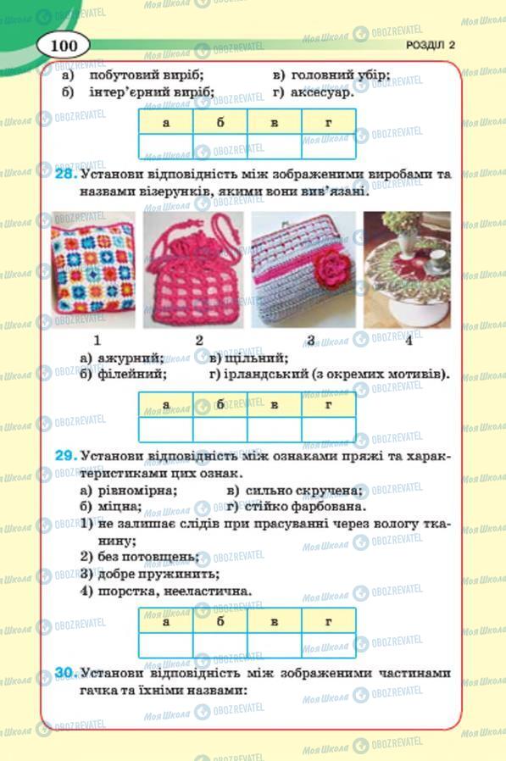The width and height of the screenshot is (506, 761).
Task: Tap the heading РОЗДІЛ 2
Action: [x=430, y=46]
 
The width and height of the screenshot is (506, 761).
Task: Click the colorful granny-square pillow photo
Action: [x=93, y=269]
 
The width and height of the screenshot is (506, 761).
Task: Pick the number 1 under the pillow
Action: [x=98, y=341]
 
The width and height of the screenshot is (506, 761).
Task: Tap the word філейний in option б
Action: [x=131, y=375]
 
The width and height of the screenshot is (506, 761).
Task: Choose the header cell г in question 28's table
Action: [x=328, y=405]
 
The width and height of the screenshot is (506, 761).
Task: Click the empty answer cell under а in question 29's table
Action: [x=165, y=644]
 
